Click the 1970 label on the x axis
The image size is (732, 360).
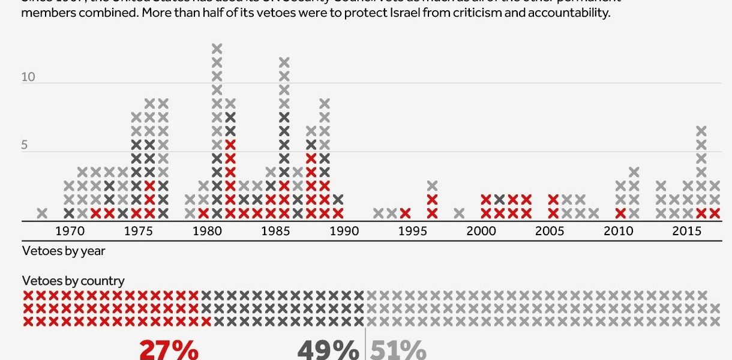[69, 232]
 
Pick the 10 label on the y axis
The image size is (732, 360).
[28, 77]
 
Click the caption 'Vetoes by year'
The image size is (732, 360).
[64, 251]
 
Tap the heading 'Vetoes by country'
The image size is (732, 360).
[73, 280]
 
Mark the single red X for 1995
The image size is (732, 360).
[406, 212]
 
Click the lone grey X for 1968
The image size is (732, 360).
[42, 212]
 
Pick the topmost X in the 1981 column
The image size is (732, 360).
[217, 49]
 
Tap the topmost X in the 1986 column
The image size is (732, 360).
[284, 62]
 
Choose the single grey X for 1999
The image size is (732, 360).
[460, 212]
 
